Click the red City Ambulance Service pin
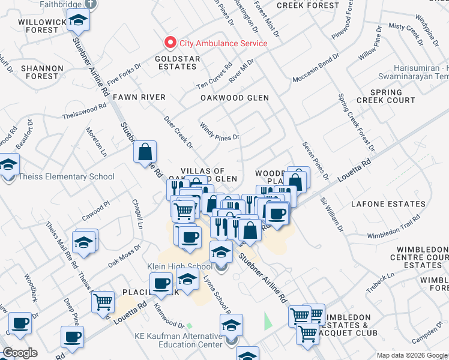coord(170,43)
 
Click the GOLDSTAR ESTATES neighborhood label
coord(176,63)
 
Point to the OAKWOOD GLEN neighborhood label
coord(235,97)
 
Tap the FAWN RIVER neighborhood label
coord(134,97)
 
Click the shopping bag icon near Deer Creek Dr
coord(145,152)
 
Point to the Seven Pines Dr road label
coord(316,160)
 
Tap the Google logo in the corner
coord(20,353)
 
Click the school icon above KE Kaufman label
coord(231,326)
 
